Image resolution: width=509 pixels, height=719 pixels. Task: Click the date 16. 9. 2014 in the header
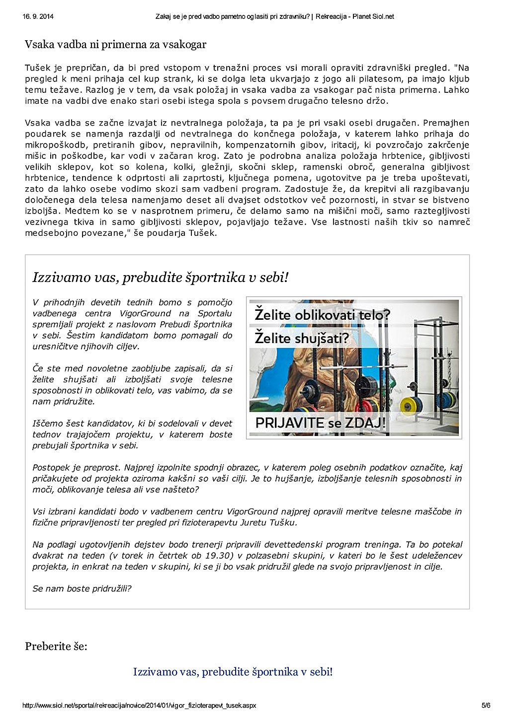[38, 16]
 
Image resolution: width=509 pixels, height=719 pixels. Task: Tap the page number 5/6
[486, 705]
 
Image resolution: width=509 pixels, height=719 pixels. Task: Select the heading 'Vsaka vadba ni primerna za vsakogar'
[115, 45]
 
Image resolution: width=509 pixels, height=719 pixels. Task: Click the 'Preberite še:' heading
[56, 647]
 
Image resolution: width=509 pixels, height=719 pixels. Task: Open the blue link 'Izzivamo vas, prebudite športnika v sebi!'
[233, 672]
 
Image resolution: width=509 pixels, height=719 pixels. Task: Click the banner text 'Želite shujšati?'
[302, 338]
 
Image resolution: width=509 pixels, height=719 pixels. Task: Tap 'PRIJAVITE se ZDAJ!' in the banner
[320, 423]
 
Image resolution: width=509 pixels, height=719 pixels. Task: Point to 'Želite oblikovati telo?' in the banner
[323, 315]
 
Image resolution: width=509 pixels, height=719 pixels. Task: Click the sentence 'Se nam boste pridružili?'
[82, 588]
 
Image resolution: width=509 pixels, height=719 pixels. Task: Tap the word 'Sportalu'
[215, 313]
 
